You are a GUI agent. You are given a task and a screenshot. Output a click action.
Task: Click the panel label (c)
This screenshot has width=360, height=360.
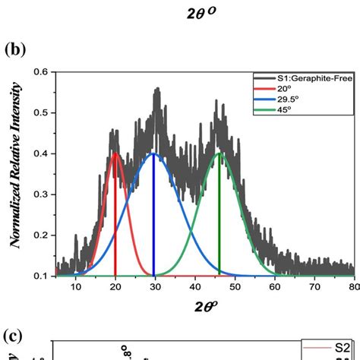pos(15,336)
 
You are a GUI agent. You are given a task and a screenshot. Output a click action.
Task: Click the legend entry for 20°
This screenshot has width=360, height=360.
pos(282,89)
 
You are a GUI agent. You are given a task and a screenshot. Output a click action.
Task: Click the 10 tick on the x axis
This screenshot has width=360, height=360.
pos(75,286)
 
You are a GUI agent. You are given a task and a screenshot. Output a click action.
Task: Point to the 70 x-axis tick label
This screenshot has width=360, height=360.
pos(314,286)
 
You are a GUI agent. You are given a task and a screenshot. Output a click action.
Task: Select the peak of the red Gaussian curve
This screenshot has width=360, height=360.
pos(115,153)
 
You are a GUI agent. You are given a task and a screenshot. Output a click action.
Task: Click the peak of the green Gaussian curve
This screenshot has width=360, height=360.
pos(219,153)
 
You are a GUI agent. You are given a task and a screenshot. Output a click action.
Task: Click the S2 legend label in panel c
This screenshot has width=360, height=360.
pos(343,347)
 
